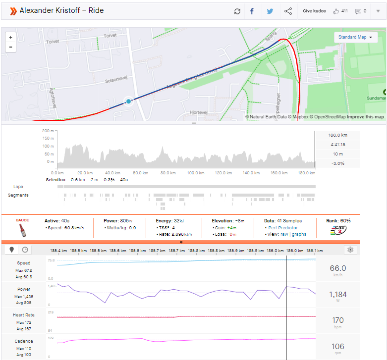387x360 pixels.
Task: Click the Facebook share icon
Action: coord(252,11)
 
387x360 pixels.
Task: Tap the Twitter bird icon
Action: coord(270,11)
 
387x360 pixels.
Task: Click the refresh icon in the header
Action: coord(237,11)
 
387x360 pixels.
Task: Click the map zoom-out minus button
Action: coord(11,47)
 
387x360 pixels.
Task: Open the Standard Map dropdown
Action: coord(355,37)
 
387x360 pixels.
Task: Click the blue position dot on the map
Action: coord(128,101)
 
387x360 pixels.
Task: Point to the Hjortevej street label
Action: coord(200,113)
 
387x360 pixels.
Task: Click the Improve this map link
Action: coord(365,117)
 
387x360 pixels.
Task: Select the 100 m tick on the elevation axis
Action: coord(48,146)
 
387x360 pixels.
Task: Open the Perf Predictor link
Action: coord(283,228)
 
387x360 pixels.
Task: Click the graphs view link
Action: coord(299,234)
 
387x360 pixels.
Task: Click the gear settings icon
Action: coord(350,250)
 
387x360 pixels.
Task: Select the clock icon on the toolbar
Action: coord(25,250)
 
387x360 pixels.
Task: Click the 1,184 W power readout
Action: coord(338,295)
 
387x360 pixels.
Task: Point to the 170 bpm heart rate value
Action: coord(338,320)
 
